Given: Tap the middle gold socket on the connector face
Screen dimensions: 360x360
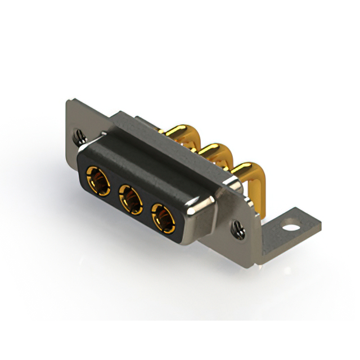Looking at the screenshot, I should pyautogui.click(x=131, y=199).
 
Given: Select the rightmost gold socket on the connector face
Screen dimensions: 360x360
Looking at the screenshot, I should pyautogui.click(x=163, y=217).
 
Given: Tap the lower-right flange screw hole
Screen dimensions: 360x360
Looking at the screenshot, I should pyautogui.click(x=238, y=228).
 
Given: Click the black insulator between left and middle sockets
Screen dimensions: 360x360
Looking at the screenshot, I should pyautogui.click(x=115, y=190).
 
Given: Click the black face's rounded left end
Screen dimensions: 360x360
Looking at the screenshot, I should pyautogui.click(x=82, y=169).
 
